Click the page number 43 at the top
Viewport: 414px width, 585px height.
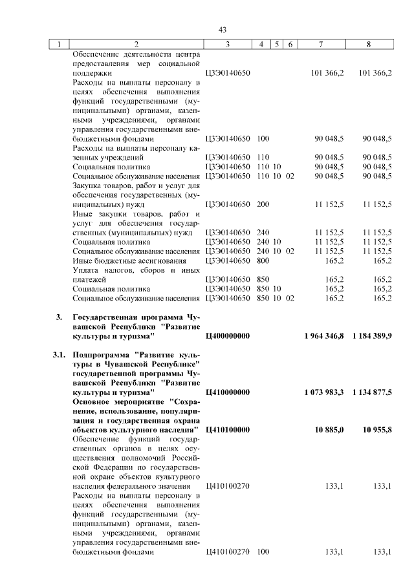(222, 30)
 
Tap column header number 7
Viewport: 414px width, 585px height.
(321, 45)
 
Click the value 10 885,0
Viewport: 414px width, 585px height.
(329, 430)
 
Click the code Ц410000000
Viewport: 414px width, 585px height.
(227, 392)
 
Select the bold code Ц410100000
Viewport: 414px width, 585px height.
(227, 430)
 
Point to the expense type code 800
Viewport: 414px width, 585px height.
(263, 261)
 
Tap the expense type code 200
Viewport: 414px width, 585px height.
(263, 204)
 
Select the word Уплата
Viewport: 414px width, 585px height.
(87, 270)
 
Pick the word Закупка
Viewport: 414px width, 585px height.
(89, 186)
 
